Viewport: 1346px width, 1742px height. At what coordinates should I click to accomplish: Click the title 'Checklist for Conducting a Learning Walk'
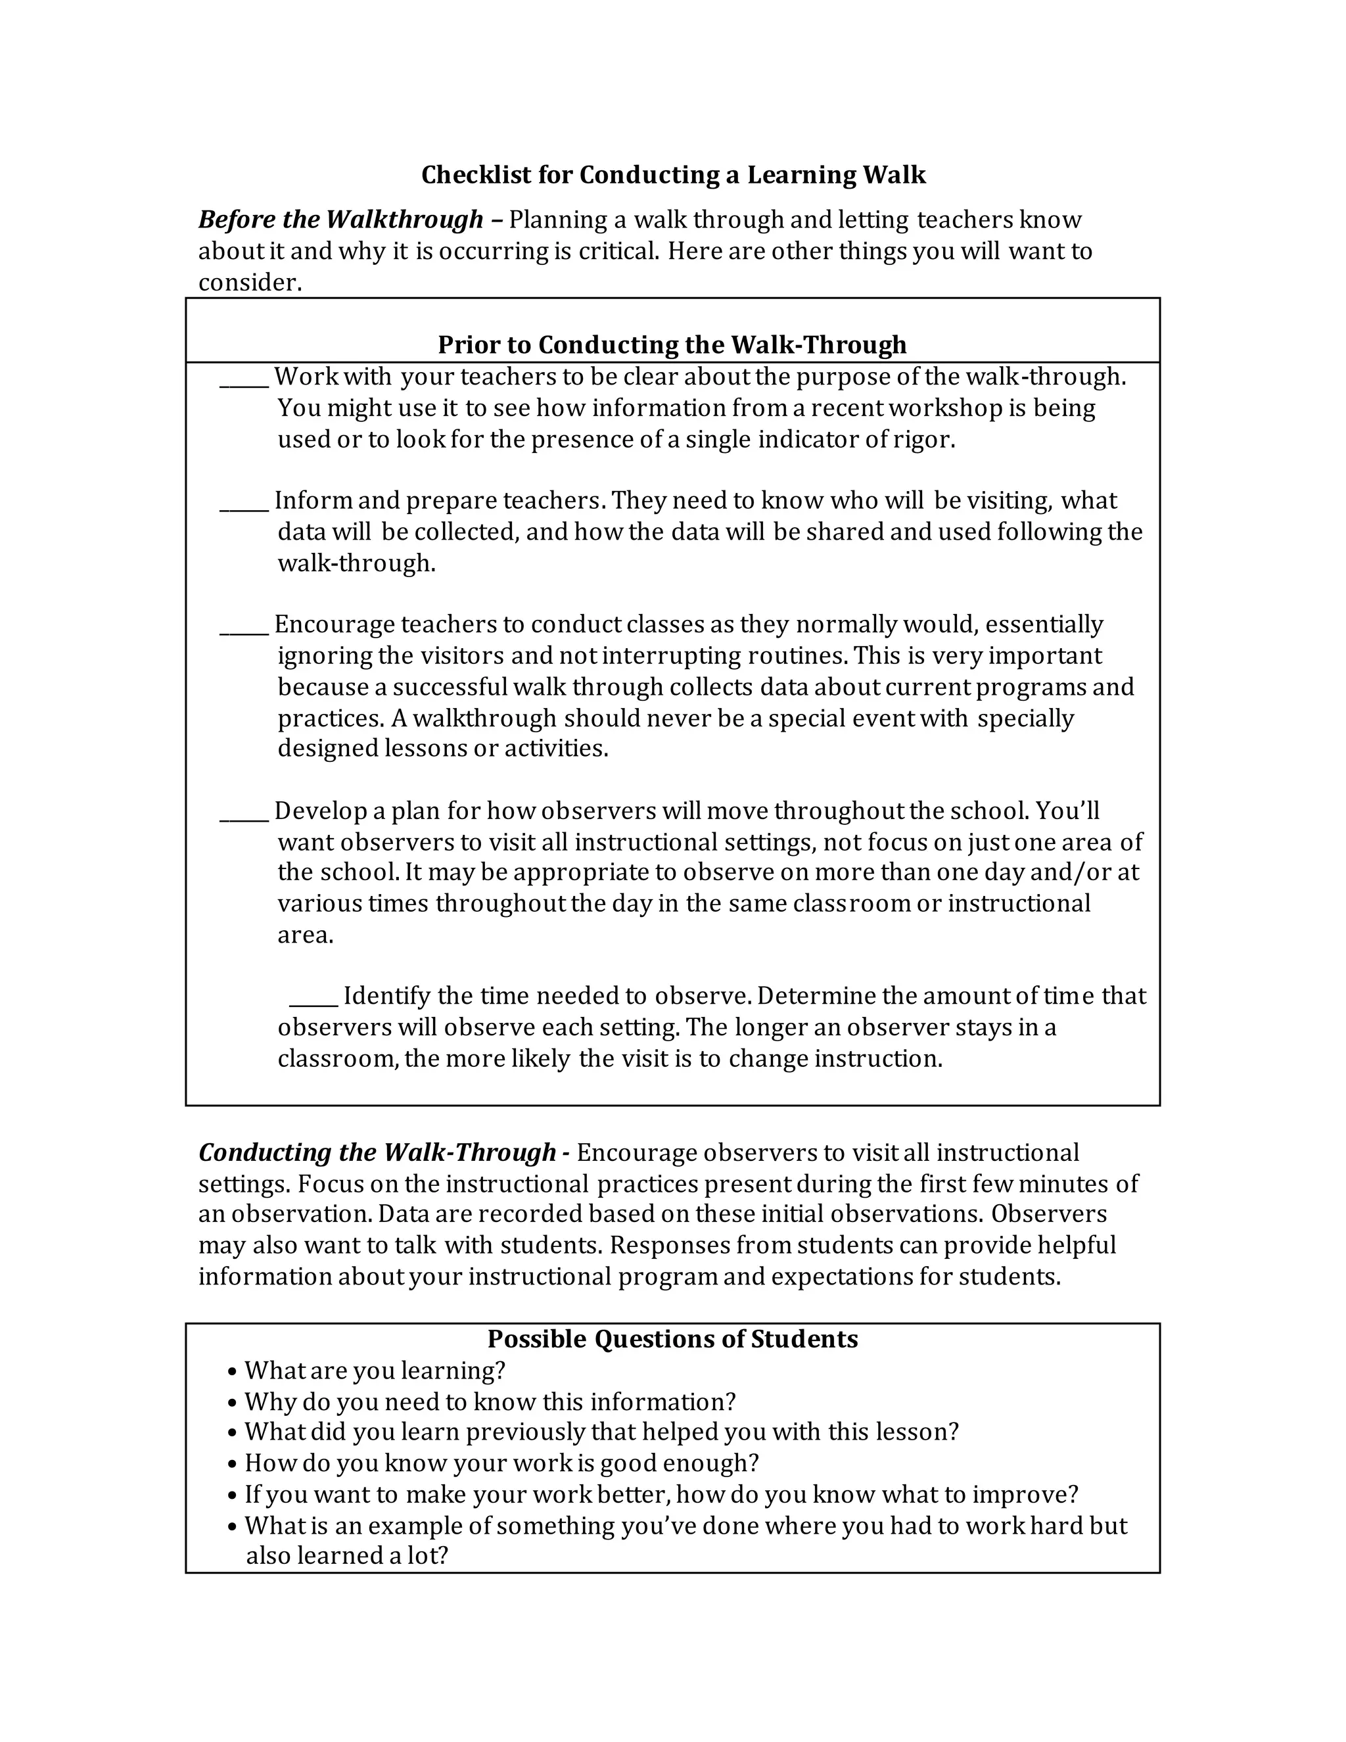click(673, 175)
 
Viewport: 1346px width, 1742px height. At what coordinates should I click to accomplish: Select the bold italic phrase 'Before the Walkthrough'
click(340, 220)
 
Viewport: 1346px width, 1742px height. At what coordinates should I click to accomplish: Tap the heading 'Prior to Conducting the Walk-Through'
click(672, 344)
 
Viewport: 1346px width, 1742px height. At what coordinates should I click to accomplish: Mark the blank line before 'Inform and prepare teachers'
click(244, 508)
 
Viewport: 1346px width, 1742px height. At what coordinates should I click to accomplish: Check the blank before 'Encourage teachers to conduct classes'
click(244, 632)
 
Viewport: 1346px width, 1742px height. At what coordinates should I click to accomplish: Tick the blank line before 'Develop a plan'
click(244, 818)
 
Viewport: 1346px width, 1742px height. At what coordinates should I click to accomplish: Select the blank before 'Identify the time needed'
click(313, 1003)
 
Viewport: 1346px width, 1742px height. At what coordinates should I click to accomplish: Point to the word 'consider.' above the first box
click(250, 283)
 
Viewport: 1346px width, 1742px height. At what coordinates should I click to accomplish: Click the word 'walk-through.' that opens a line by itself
click(356, 563)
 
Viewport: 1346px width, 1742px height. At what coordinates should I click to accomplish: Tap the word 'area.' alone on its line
click(306, 935)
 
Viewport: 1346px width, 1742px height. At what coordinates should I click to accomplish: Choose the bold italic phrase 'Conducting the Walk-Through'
click(377, 1152)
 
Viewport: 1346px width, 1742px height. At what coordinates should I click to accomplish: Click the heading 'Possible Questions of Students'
click(672, 1338)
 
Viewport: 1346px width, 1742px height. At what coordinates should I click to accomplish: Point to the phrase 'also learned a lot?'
click(348, 1555)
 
